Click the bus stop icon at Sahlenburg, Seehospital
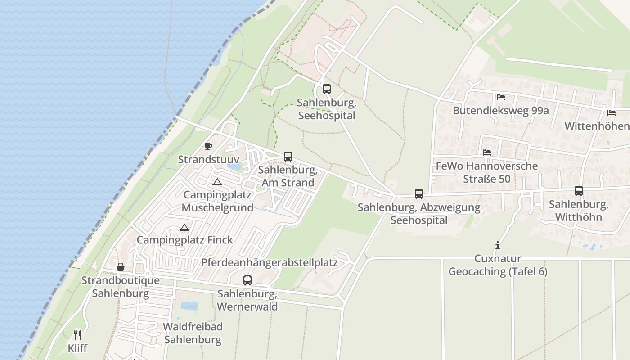(x=327, y=89)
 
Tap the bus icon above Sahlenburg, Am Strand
(x=288, y=157)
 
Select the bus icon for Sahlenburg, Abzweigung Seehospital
(x=419, y=194)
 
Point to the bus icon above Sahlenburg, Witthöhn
(x=579, y=191)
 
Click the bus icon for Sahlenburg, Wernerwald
(x=247, y=280)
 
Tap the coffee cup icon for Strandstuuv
(x=208, y=146)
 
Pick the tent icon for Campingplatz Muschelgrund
(x=217, y=182)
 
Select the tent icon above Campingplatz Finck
(x=184, y=227)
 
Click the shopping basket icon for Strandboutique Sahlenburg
(x=121, y=267)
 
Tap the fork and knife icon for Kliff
(x=77, y=335)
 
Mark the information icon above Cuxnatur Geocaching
(x=498, y=245)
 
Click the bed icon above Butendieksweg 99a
(x=500, y=97)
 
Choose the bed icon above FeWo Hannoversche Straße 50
(x=486, y=153)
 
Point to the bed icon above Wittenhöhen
(x=611, y=113)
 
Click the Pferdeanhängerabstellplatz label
(x=270, y=262)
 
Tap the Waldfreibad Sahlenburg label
(x=193, y=333)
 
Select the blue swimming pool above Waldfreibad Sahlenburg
(x=189, y=306)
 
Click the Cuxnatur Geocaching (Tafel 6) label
(x=498, y=265)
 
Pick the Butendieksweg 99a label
(x=500, y=111)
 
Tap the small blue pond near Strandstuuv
(x=234, y=166)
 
